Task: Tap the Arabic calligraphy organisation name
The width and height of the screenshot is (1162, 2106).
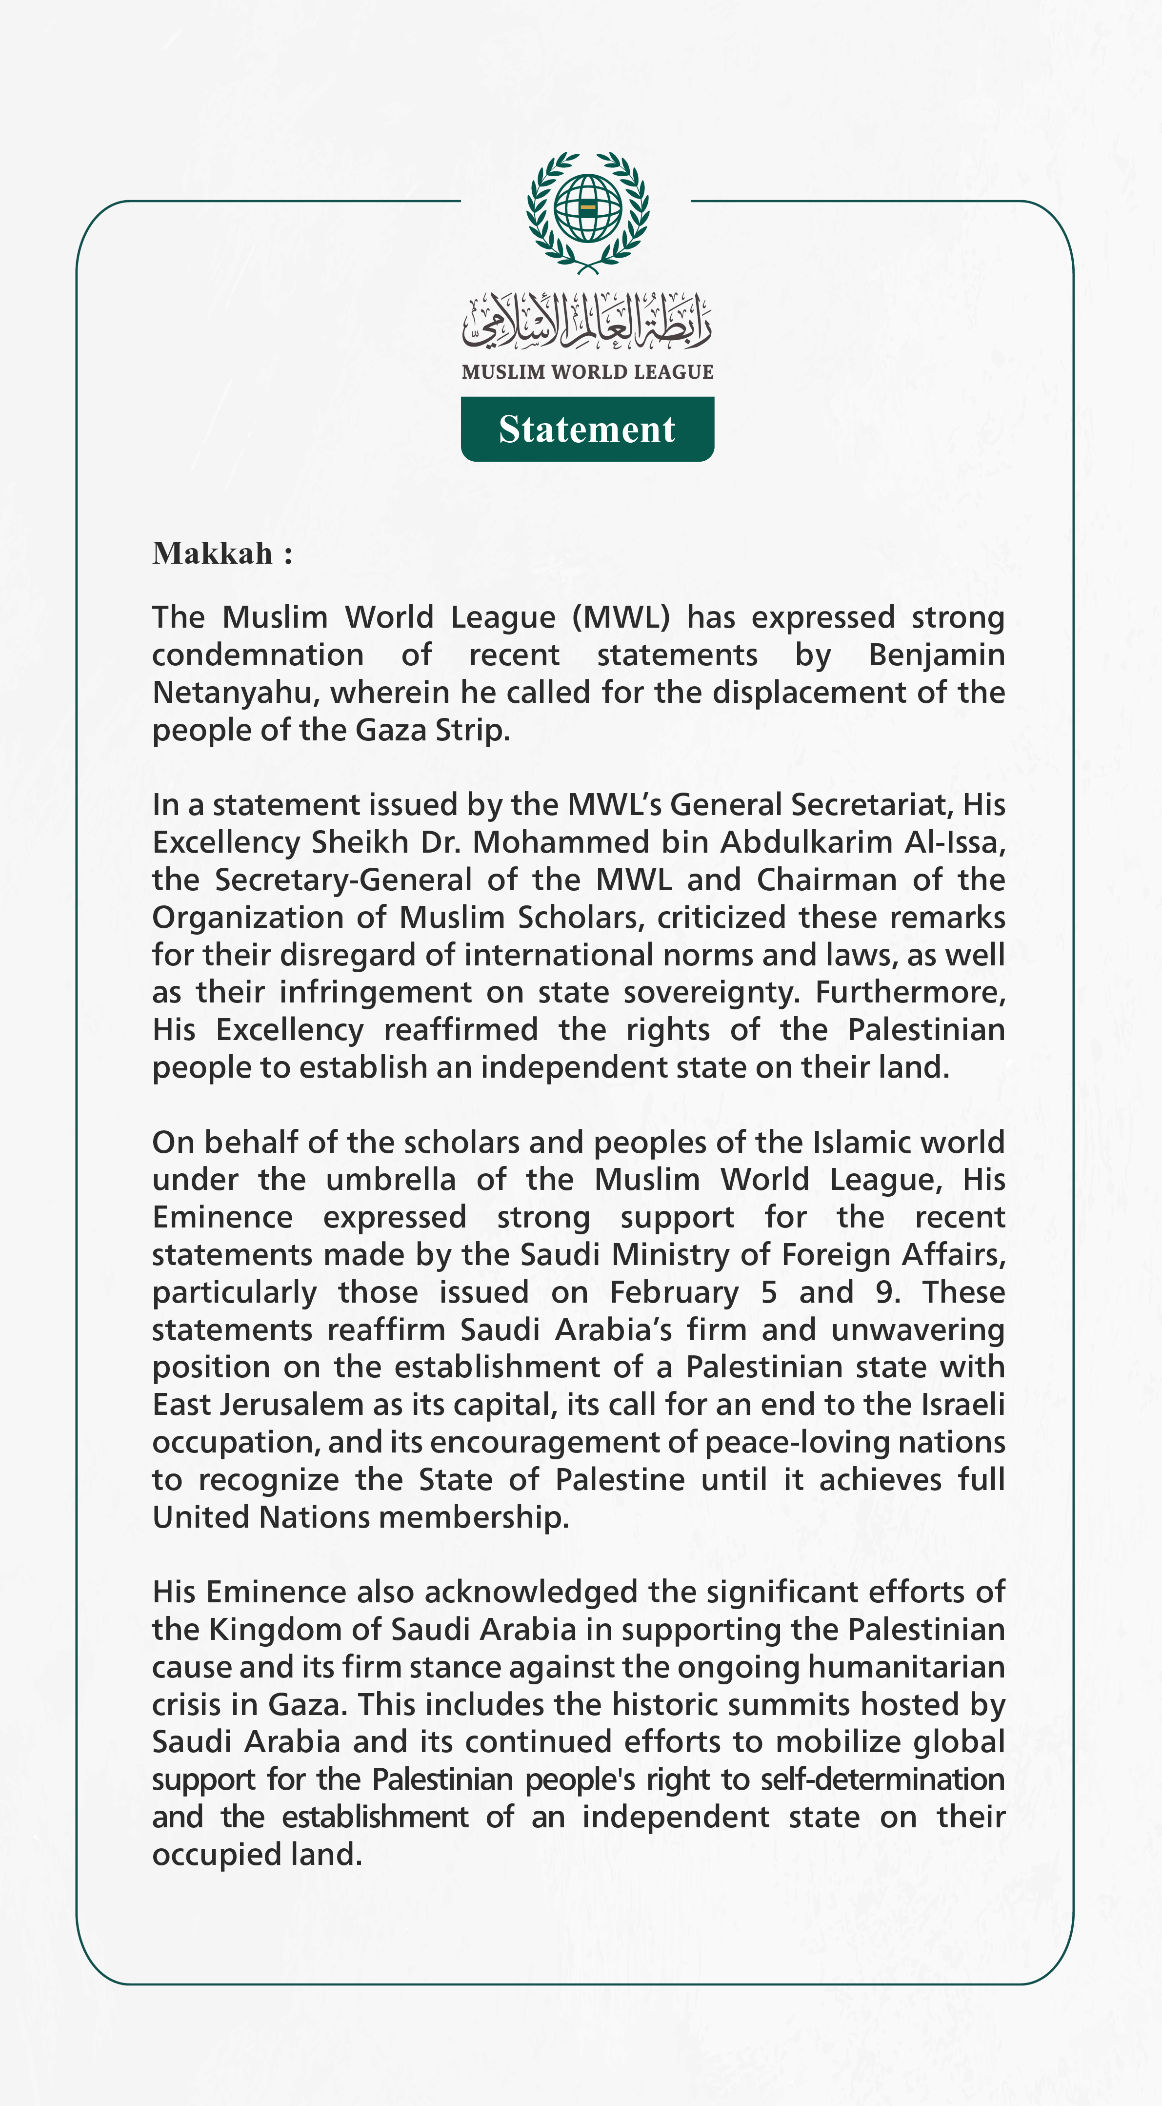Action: click(587, 321)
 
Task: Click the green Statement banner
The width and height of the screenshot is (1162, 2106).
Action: click(587, 429)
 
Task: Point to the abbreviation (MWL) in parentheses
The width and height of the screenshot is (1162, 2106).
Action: click(621, 617)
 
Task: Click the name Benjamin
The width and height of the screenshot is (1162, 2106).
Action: click(937, 655)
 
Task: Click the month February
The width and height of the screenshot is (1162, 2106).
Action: click(674, 1292)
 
